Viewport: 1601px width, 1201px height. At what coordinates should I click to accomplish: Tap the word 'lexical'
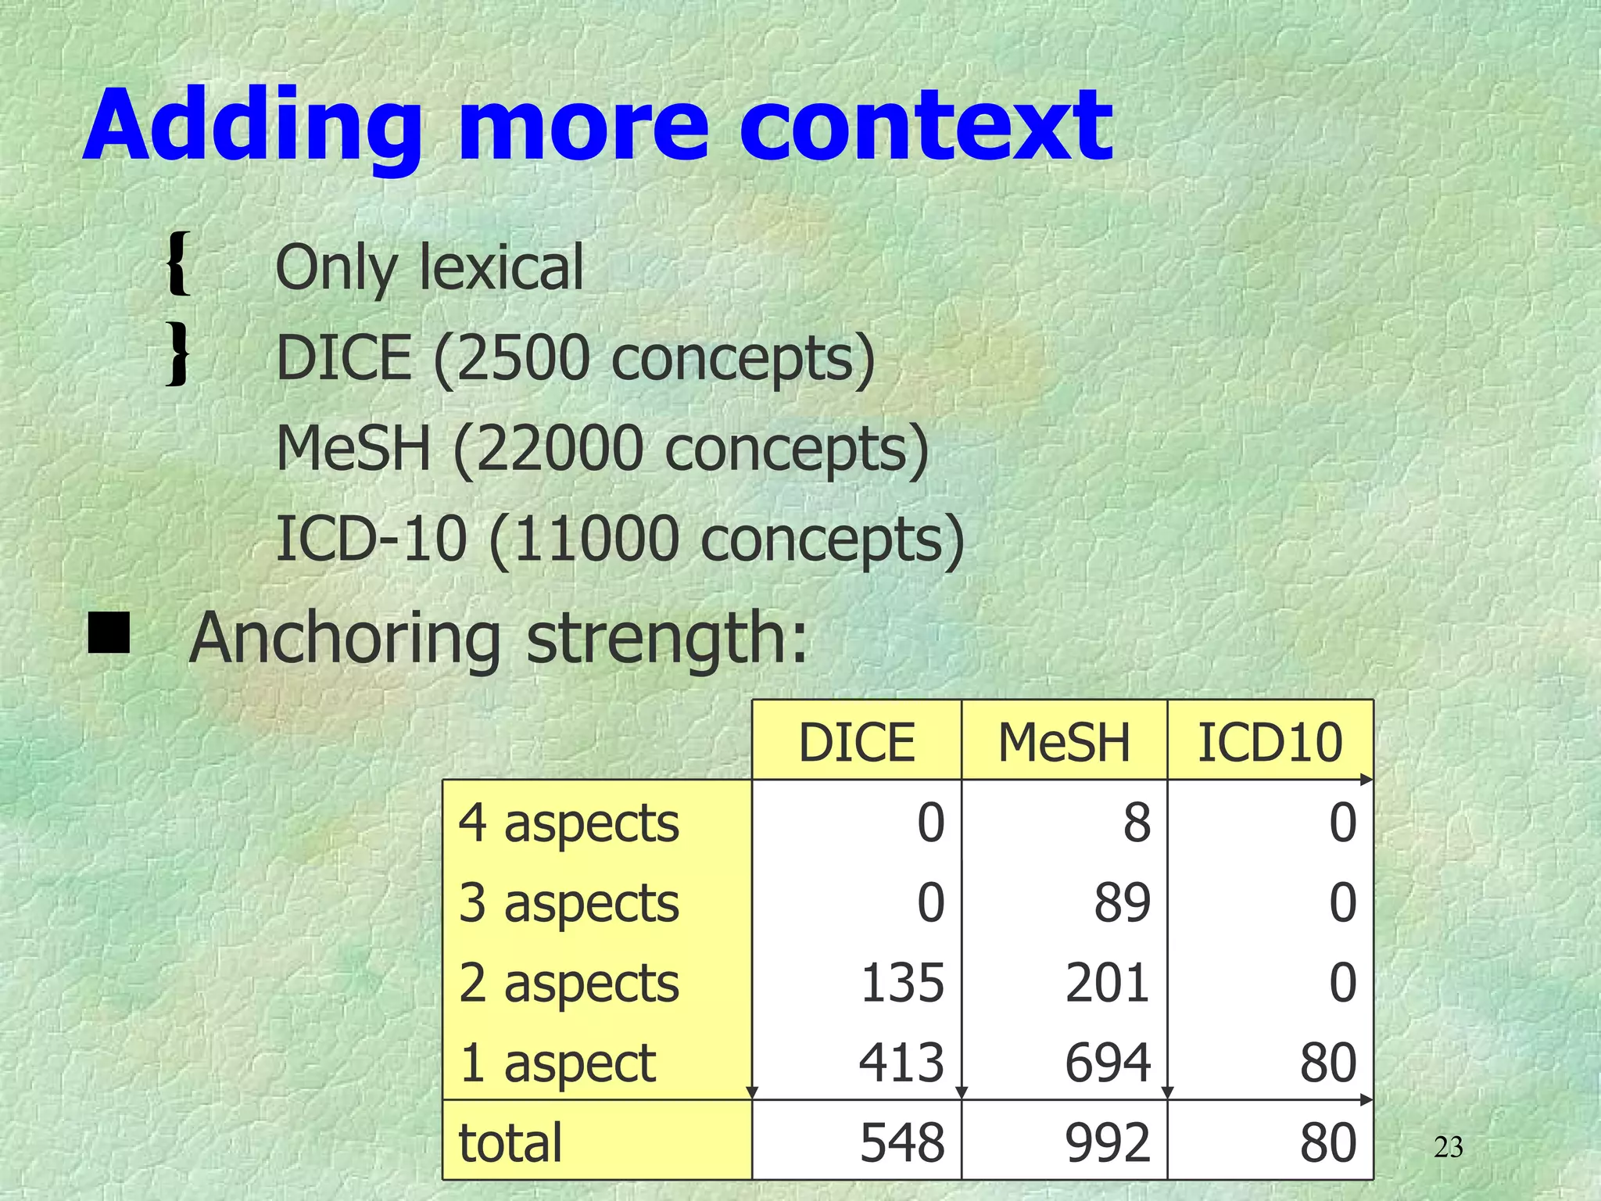tap(501, 267)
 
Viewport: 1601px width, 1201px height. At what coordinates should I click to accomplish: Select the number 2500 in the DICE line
tap(523, 358)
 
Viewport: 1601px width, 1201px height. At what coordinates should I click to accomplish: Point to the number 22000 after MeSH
tap(558, 449)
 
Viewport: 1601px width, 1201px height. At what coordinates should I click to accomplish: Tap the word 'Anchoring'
tap(345, 639)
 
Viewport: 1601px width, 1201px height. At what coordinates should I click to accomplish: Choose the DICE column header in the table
tap(856, 742)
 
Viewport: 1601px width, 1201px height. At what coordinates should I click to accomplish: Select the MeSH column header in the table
tap(1064, 742)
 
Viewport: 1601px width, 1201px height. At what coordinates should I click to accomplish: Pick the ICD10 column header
tap(1270, 742)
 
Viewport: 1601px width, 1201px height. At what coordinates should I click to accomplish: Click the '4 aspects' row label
tap(569, 823)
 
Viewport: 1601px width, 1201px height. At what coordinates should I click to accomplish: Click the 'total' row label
tap(510, 1142)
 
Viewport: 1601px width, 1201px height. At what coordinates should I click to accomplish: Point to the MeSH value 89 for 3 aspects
tap(1122, 903)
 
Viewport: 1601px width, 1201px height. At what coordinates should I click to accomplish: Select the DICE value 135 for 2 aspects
tap(902, 983)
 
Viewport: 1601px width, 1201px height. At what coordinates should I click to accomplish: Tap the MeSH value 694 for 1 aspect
tap(1108, 1063)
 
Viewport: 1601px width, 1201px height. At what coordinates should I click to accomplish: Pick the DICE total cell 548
tap(902, 1142)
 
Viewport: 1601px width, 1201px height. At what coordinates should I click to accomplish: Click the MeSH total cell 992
tap(1108, 1142)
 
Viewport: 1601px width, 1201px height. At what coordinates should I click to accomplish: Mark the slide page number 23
tap(1449, 1148)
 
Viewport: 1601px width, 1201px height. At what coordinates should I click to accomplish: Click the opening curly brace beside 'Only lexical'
tap(179, 264)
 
